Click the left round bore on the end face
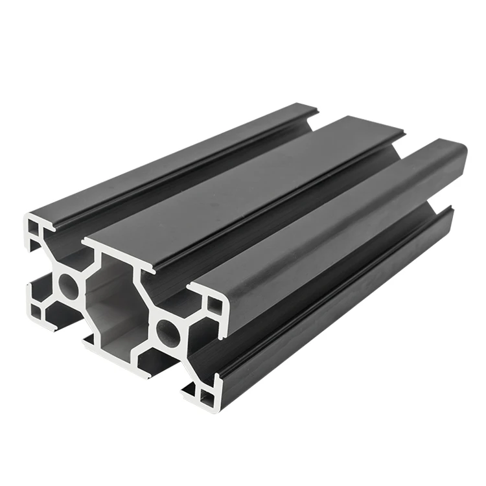pos(69,285)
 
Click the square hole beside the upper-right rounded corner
pos(213,305)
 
